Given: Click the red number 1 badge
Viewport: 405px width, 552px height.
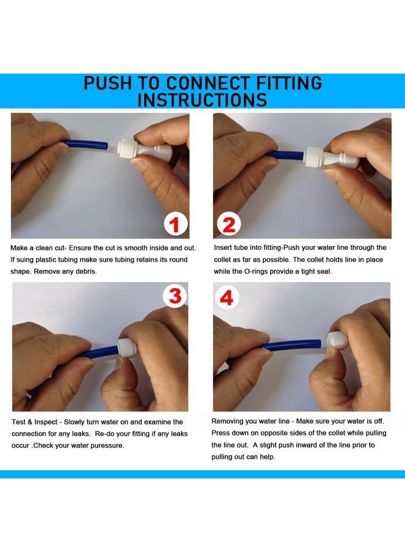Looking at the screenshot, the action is (175, 224).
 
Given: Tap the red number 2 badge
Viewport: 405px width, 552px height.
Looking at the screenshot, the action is (229, 224).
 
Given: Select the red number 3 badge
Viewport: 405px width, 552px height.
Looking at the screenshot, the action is (175, 296).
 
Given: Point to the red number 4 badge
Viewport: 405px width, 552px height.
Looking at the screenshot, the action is (226, 298).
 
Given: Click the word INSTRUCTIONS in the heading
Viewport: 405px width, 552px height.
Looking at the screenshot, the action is (202, 100).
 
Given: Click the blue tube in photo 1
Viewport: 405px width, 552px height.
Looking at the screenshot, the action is (86, 144).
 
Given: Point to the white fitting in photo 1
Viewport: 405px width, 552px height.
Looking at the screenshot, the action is (144, 151).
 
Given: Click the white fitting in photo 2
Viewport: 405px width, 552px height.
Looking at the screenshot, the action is (331, 158).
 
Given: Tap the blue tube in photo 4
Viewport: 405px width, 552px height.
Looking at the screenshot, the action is (291, 345).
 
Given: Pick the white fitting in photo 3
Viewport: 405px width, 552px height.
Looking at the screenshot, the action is (127, 348).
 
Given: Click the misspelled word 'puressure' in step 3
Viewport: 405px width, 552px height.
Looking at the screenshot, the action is (107, 446).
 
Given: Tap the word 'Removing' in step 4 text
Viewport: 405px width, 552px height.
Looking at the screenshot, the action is (226, 421).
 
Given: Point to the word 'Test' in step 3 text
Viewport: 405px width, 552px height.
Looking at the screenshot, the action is (18, 422).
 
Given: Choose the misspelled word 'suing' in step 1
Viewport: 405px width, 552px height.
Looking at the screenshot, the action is (25, 260).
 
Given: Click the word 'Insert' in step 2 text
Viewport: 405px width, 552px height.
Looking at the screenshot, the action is (223, 248).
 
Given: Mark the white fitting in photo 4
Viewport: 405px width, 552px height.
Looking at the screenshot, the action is (337, 340).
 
